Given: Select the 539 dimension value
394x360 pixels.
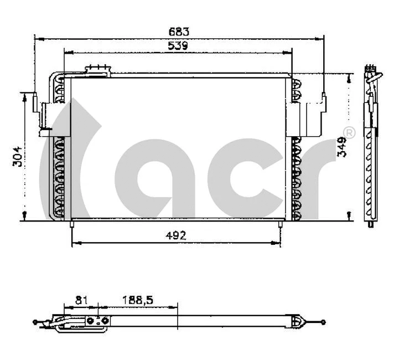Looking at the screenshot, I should pyautogui.click(x=178, y=46).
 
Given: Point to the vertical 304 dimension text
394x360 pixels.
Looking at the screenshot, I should pyautogui.click(x=16, y=157).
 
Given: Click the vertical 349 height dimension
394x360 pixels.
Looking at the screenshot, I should pyautogui.click(x=343, y=147).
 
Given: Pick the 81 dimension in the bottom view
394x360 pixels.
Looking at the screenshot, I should pyautogui.click(x=81, y=300).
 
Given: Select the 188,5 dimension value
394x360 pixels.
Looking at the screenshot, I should pyautogui.click(x=137, y=300).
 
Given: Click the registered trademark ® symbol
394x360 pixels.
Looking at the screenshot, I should pyautogui.click(x=349, y=132).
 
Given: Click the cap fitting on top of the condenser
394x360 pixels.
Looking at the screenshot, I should pyautogui.click(x=97, y=69).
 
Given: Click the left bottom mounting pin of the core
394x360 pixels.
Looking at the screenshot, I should pyautogui.click(x=71, y=224).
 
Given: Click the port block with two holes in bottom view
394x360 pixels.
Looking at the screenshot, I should pyautogui.click(x=95, y=321).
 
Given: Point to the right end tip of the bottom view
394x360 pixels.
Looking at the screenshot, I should pyautogui.click(x=324, y=321).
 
